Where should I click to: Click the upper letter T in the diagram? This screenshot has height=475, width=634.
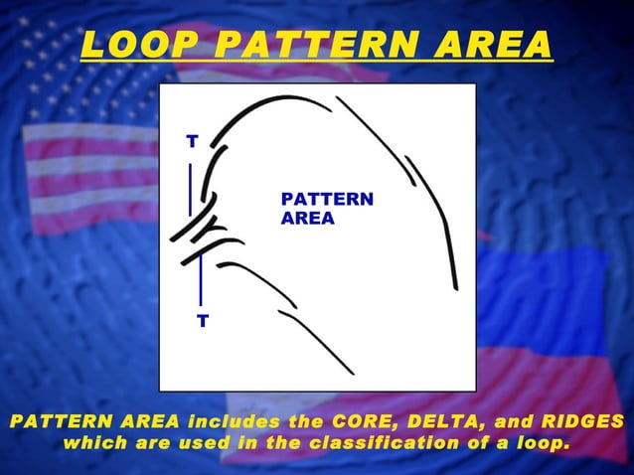tap(191, 142)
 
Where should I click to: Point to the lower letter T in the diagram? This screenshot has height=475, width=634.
tap(202, 321)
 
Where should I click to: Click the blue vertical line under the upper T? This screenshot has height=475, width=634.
tap(190, 189)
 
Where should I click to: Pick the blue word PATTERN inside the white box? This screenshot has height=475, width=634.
tap(327, 200)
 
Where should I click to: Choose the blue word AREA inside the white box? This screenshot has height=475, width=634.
tap(307, 219)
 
